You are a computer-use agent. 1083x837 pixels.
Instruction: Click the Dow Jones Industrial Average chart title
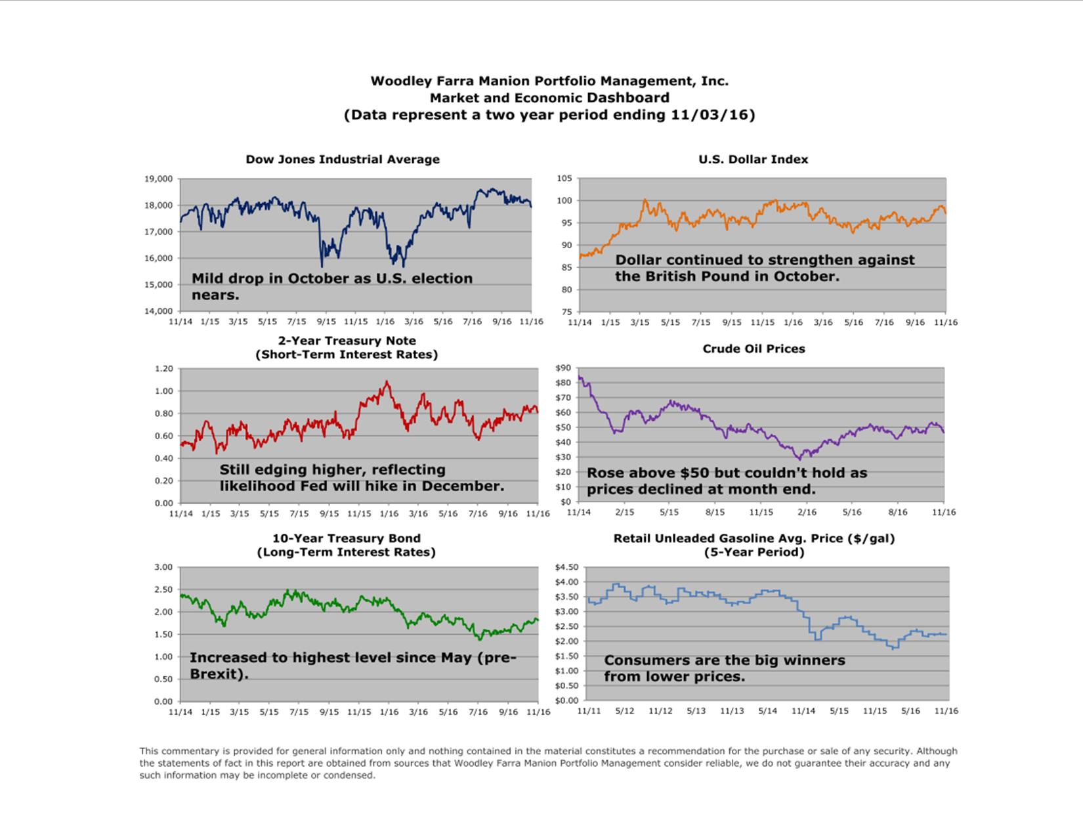pyautogui.click(x=343, y=160)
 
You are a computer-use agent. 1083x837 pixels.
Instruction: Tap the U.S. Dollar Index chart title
pyautogui.click(x=753, y=160)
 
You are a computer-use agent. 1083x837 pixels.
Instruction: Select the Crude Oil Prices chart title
pyautogui.click(x=754, y=349)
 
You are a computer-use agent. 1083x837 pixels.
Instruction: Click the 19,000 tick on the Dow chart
pyautogui.click(x=159, y=179)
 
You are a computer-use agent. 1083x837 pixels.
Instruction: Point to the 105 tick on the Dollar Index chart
pyautogui.click(x=564, y=179)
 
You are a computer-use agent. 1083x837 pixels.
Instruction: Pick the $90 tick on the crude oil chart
pyautogui.click(x=563, y=368)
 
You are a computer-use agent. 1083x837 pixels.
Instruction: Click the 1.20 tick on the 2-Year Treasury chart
pyautogui.click(x=163, y=369)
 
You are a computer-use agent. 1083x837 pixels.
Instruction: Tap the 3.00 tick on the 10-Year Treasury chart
pyautogui.click(x=163, y=567)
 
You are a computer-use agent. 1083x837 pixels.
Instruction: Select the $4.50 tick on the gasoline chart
pyautogui.click(x=566, y=567)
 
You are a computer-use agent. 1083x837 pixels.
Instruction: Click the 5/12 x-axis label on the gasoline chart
pyautogui.click(x=624, y=711)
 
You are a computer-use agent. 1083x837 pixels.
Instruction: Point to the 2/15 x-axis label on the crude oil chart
pyautogui.click(x=624, y=512)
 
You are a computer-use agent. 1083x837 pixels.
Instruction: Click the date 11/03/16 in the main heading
pyautogui.click(x=710, y=115)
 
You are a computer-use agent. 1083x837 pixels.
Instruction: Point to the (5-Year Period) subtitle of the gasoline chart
pyautogui.click(x=754, y=552)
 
